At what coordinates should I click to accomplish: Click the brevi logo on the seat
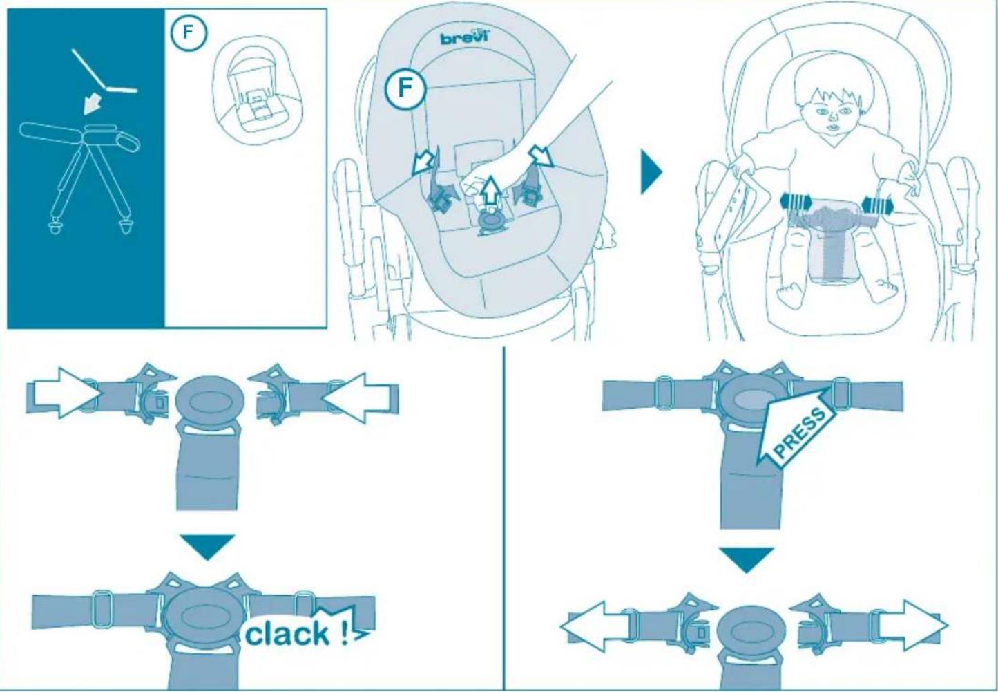tap(464, 37)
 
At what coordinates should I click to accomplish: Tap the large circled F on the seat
tap(405, 90)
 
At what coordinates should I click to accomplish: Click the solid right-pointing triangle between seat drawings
tap(651, 173)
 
